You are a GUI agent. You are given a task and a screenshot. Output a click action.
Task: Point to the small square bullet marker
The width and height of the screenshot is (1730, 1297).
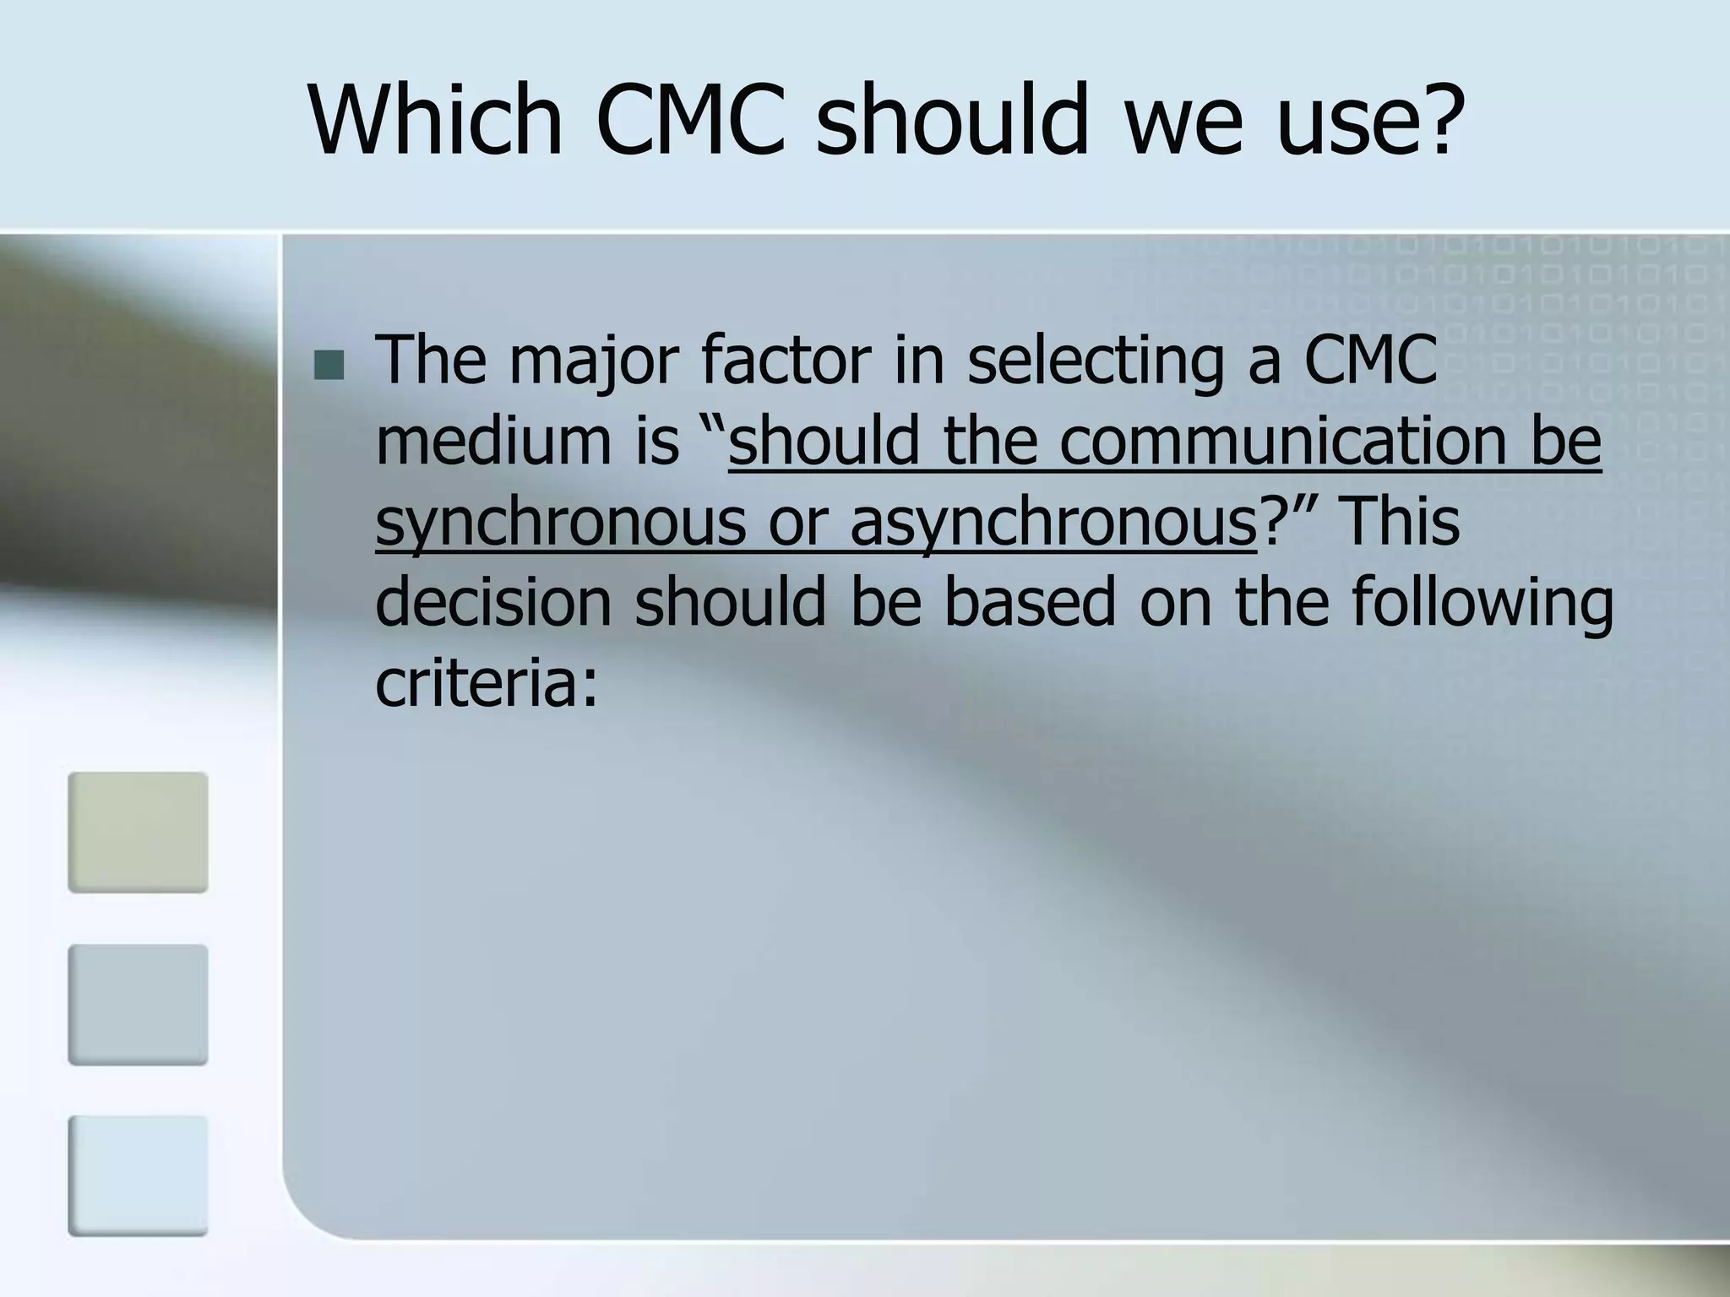click(x=329, y=366)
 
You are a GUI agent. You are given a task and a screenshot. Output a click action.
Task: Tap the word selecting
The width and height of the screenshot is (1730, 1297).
click(x=1095, y=361)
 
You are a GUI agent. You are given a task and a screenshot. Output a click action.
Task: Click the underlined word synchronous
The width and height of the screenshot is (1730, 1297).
click(x=561, y=522)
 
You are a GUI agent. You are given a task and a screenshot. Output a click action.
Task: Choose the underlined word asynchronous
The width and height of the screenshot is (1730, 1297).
click(x=1053, y=522)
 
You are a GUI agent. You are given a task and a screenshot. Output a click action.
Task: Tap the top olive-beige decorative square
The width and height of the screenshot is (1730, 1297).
click(x=138, y=832)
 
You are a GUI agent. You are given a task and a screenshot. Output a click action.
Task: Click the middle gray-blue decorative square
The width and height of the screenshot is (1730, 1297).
click(x=138, y=1004)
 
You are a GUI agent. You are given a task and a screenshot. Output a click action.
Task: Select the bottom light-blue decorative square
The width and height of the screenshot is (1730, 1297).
click(x=138, y=1175)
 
